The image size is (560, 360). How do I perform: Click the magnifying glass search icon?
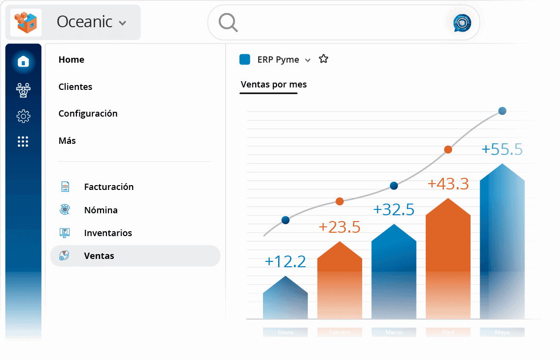(x=227, y=22)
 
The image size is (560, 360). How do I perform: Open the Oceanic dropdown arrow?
(x=122, y=23)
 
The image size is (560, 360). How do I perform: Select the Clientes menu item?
(x=75, y=87)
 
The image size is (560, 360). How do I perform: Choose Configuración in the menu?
(x=88, y=114)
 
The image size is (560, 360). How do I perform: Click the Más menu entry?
(x=67, y=141)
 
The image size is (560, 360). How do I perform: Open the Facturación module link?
(x=108, y=187)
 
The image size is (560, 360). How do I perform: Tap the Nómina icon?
(x=65, y=210)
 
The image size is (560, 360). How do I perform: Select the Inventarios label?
(x=108, y=233)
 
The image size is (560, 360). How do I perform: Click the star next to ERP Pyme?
(x=323, y=59)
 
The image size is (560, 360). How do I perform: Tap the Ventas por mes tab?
(x=274, y=85)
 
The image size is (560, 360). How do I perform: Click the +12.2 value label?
(x=285, y=261)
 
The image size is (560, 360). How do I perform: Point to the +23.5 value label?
(x=339, y=227)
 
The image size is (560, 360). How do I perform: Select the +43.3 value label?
(x=448, y=184)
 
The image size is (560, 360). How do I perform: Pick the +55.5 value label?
(x=502, y=149)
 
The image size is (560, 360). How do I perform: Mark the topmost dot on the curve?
(x=502, y=111)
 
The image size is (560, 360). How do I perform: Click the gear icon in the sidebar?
(x=23, y=116)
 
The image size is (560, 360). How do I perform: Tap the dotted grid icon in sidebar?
(x=23, y=141)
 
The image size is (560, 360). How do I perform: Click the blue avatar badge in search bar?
(x=462, y=23)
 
